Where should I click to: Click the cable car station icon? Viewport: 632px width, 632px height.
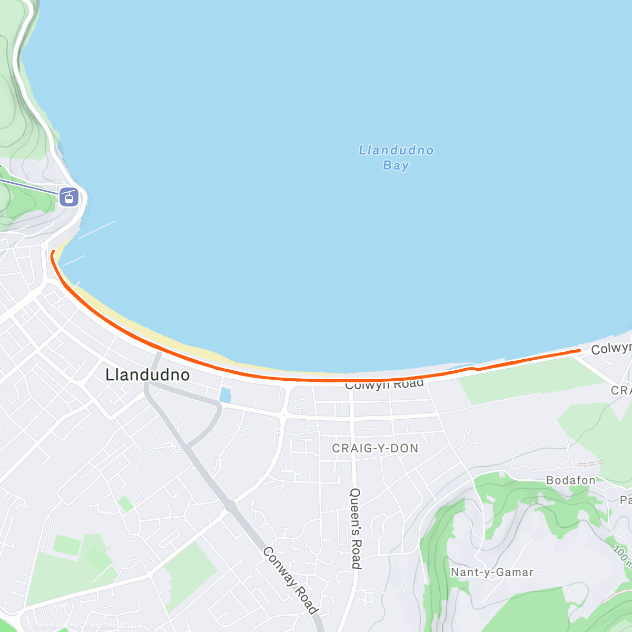[69, 197]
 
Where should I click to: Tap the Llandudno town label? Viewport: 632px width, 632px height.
[147, 375]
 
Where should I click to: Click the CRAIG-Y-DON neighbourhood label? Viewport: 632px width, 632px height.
[375, 448]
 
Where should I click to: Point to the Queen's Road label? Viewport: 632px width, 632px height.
[356, 528]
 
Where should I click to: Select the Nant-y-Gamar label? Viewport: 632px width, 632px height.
[492, 572]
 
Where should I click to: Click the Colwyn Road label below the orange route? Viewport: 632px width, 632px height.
[384, 385]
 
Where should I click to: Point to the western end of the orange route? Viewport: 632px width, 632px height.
[53, 254]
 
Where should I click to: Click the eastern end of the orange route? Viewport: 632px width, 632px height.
[579, 350]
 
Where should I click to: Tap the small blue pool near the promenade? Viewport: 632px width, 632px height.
[225, 395]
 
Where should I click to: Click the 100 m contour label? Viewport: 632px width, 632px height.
[622, 556]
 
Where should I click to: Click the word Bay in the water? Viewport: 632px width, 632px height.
[396, 165]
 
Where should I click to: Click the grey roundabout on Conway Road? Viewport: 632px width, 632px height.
[230, 506]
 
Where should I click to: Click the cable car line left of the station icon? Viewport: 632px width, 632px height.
[26, 185]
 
